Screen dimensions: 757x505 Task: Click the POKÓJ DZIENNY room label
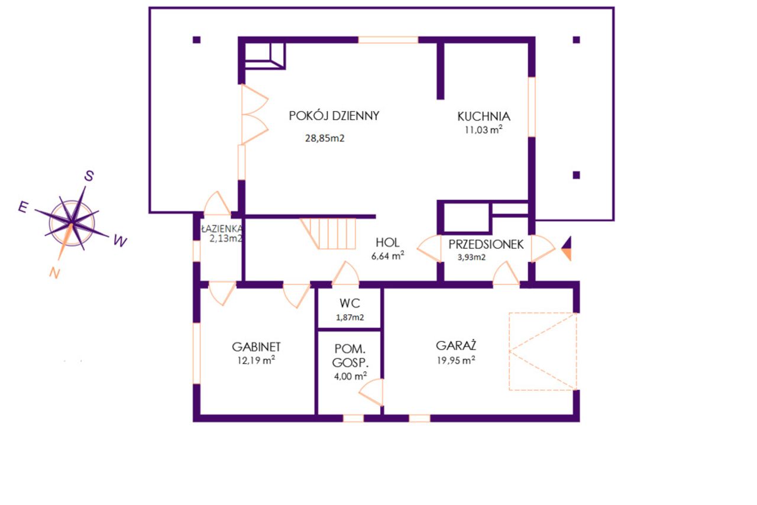point(334,116)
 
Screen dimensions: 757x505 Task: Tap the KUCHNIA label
point(484,116)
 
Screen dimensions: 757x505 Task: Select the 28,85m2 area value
point(325,138)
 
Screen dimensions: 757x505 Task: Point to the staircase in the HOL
point(328,234)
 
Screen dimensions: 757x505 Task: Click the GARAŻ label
point(456,346)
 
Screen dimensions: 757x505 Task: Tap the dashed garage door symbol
point(543,351)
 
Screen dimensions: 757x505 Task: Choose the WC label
point(350,303)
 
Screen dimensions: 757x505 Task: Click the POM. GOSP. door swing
point(371,392)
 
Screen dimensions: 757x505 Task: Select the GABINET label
point(256,347)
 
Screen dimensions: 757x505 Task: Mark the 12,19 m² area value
point(256,360)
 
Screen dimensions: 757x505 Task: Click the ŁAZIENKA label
point(221,229)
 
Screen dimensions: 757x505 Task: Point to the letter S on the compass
point(89,176)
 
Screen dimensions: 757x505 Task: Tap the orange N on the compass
point(54,273)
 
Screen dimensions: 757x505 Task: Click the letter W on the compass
point(120,241)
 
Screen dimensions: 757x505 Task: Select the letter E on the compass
point(23,207)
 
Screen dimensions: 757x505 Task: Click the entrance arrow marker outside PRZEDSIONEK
point(567,248)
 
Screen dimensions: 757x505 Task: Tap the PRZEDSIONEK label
point(486,244)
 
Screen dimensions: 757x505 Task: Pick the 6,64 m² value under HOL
point(387,256)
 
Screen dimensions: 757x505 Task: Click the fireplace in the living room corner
point(265,56)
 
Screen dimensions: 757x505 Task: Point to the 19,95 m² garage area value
point(456,360)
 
